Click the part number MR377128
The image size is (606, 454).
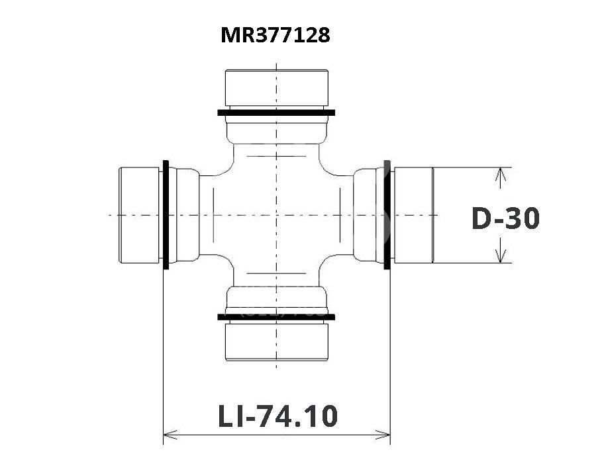[276, 35]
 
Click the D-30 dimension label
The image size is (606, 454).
[505, 218]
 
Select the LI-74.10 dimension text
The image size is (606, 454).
[278, 416]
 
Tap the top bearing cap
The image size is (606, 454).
[277, 88]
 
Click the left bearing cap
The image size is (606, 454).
[139, 215]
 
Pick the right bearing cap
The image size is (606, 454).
[413, 215]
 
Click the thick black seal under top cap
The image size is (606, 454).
[277, 113]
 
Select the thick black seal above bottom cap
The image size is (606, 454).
[277, 316]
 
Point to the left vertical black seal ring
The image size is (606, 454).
[166, 215]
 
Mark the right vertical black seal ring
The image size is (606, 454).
[387, 215]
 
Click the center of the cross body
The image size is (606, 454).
[277, 215]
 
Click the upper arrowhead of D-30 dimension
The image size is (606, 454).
[501, 174]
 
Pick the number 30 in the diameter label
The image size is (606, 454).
[521, 218]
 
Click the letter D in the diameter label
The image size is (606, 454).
[481, 218]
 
